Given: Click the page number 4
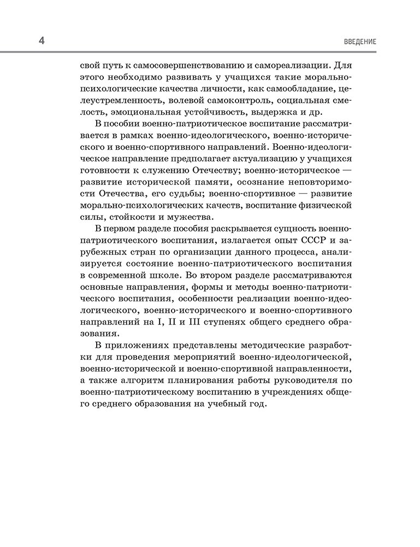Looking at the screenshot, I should (x=42, y=42).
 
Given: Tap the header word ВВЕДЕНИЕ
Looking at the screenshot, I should (x=361, y=42).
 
